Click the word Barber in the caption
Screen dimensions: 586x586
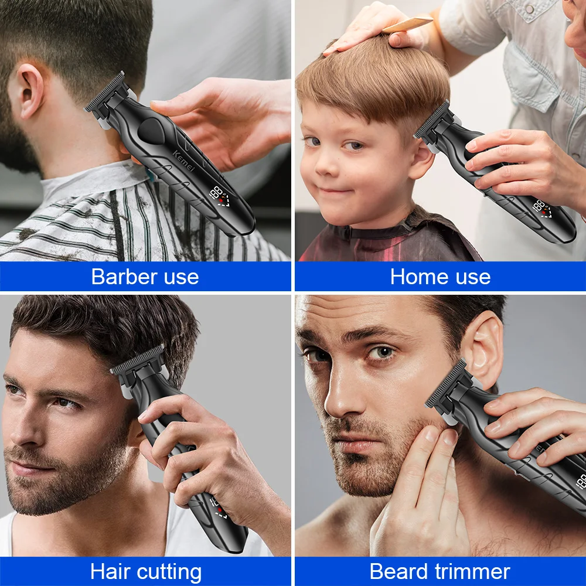[x=118, y=277]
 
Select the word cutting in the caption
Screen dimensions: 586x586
[x=169, y=573]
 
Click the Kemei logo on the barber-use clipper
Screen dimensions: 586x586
[x=184, y=161]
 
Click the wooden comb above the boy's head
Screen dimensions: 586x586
[x=407, y=25]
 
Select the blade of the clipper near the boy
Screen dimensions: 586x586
[x=432, y=118]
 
